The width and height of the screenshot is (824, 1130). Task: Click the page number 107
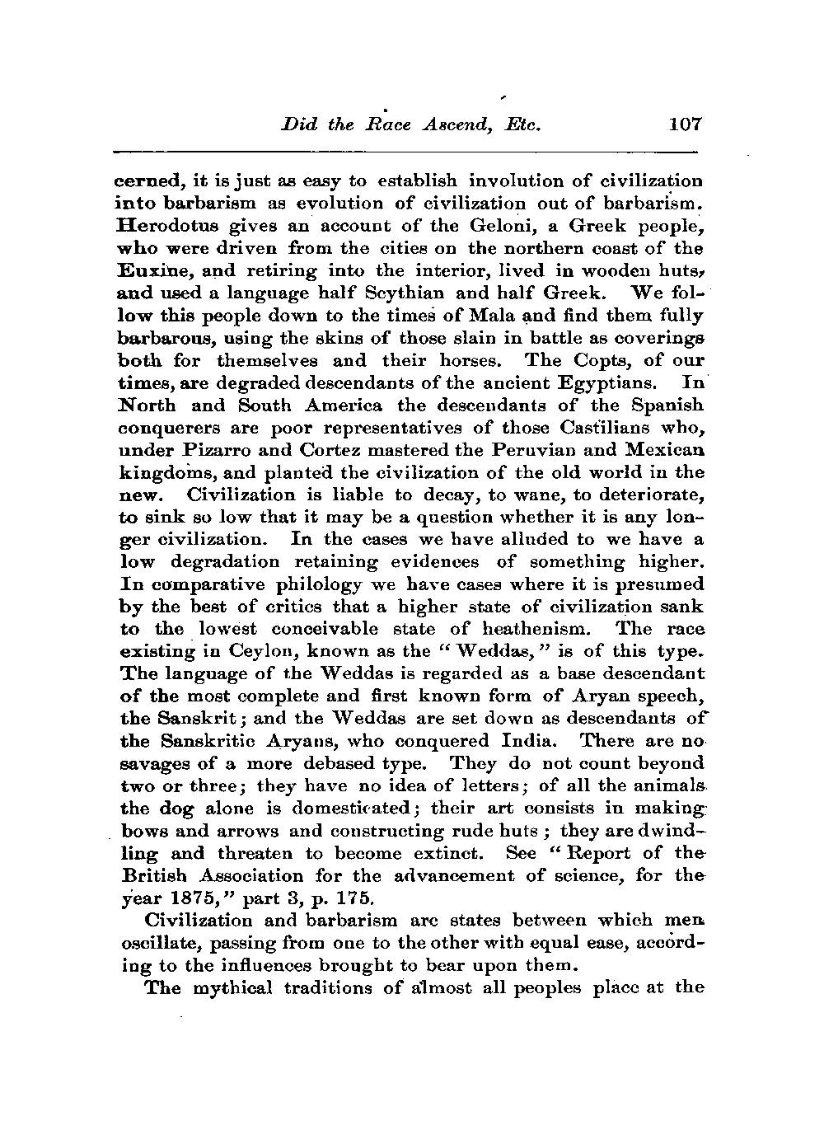(685, 124)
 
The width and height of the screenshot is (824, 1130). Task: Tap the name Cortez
(330, 450)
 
